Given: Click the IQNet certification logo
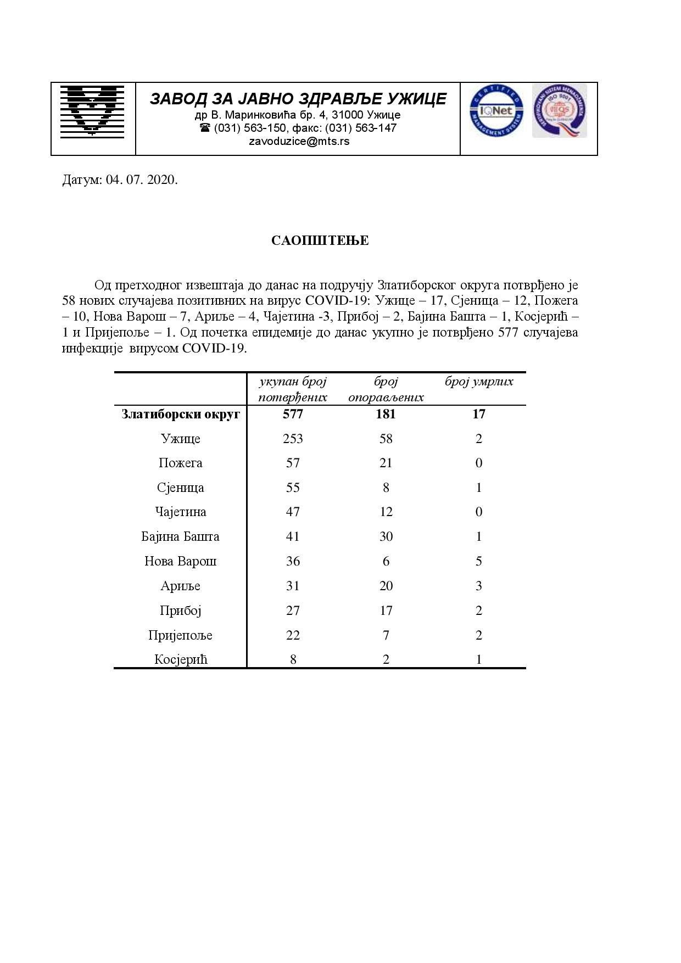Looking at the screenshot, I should (x=496, y=111).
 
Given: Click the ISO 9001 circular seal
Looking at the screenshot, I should (x=559, y=111).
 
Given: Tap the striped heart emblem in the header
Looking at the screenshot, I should (x=92, y=110).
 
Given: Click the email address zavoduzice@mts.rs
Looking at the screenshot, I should (x=299, y=141).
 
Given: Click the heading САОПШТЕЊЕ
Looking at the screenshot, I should (x=320, y=240).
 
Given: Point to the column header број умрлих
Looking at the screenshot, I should (x=479, y=382).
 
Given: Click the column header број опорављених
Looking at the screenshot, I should (x=386, y=389).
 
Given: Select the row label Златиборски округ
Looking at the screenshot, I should (x=181, y=414).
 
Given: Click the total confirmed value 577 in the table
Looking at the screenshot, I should (x=293, y=414).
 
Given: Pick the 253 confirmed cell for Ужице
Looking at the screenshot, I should (x=293, y=439).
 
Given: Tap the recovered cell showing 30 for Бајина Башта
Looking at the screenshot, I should (x=386, y=536).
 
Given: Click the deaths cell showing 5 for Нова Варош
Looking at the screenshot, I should (x=479, y=561).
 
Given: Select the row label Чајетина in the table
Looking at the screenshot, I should (x=181, y=512).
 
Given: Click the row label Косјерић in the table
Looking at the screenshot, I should (x=181, y=659).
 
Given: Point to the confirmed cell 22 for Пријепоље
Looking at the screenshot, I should (x=293, y=635).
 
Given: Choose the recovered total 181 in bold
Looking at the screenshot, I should (x=386, y=414).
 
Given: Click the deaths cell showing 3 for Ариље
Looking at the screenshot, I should (x=479, y=586).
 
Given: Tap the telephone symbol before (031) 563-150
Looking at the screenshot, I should (x=205, y=128).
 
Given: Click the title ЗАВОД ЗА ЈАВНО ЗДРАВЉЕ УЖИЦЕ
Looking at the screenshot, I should (x=298, y=99).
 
